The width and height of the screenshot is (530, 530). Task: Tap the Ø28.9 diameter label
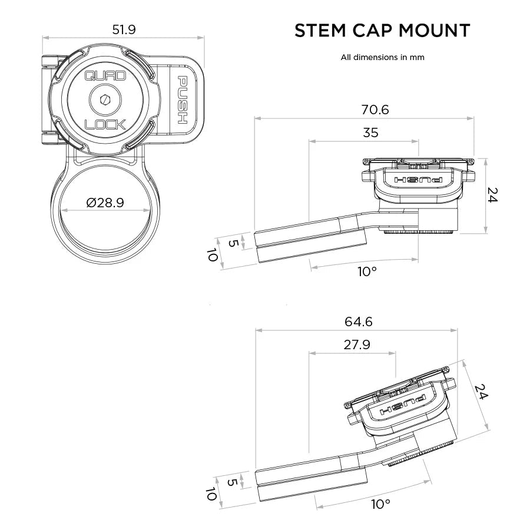(x=105, y=203)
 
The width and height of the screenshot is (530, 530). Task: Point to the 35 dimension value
(x=370, y=133)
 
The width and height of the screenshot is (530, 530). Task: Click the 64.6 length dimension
(x=358, y=322)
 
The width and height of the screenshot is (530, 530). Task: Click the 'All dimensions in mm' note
(x=382, y=58)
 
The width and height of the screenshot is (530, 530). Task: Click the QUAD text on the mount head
(x=105, y=76)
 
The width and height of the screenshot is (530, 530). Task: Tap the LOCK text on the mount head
(x=105, y=124)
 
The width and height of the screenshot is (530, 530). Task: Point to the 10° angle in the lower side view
(x=380, y=504)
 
